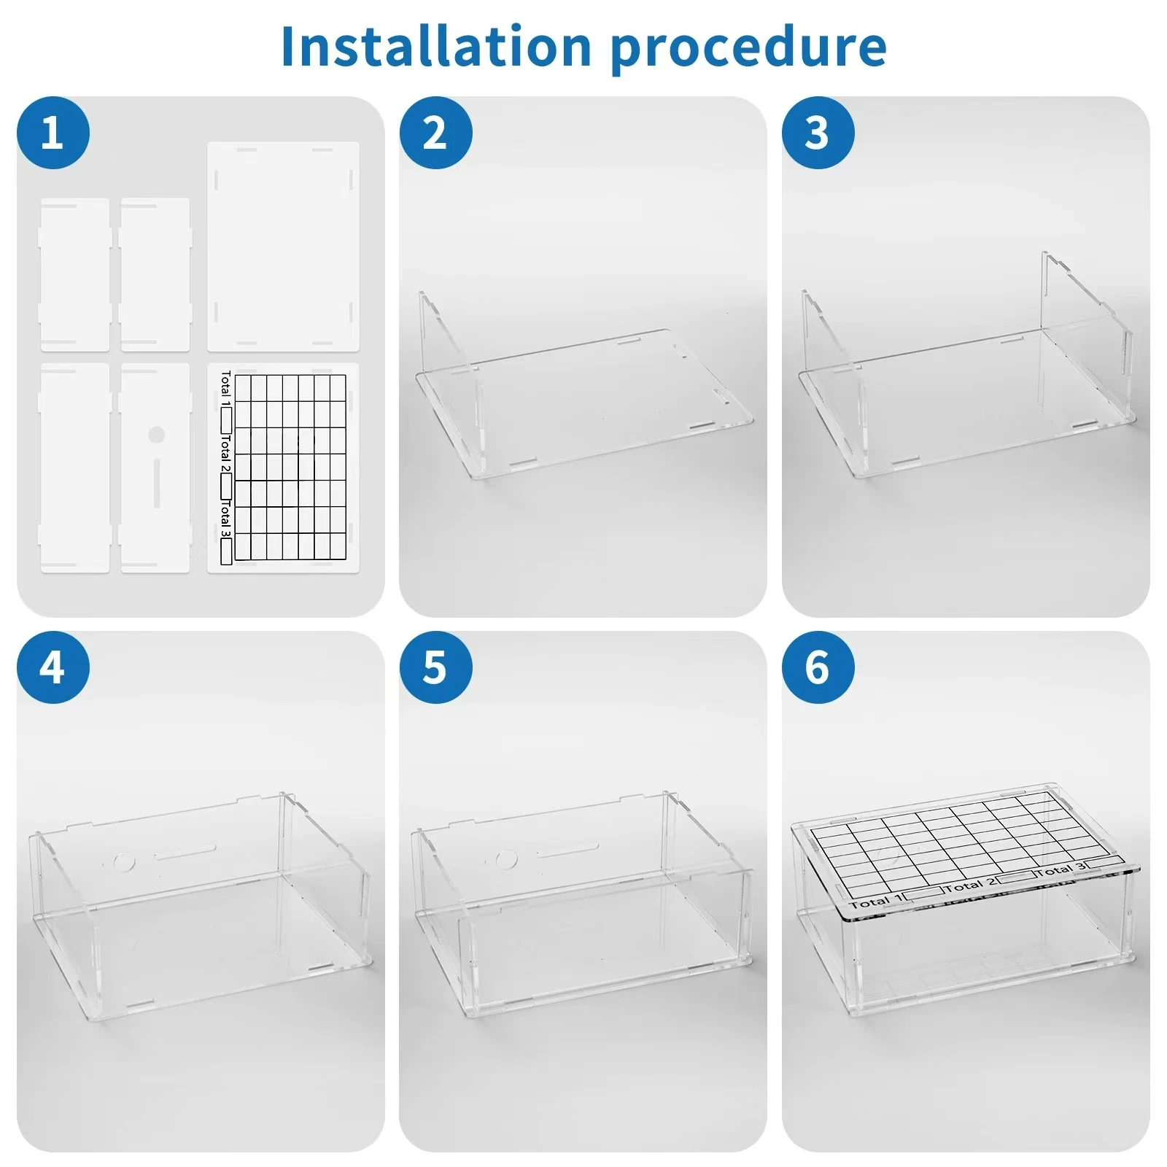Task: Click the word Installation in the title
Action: pos(435,46)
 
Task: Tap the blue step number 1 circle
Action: pos(53,133)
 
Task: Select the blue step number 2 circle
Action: pos(435,133)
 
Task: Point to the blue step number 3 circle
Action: pos(818,133)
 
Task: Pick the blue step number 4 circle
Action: pos(53,667)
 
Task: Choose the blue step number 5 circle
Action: pos(435,667)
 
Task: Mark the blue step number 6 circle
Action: pos(818,667)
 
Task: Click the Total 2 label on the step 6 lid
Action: pos(970,885)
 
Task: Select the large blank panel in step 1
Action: pos(284,247)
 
